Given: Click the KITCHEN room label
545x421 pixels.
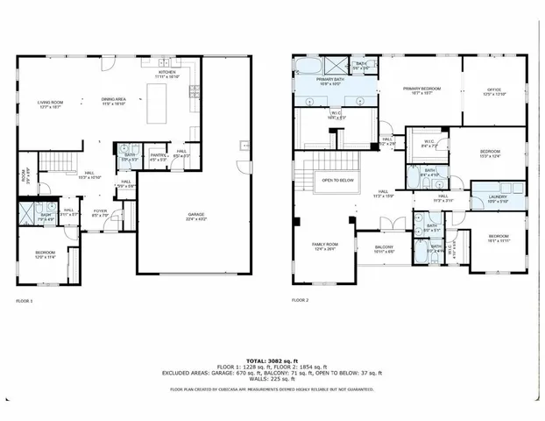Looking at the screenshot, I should (166, 75).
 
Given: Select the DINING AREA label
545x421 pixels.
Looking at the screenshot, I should (114, 99).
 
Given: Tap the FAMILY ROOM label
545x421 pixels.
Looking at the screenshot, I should (324, 246).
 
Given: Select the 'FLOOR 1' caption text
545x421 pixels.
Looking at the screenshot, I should (25, 301).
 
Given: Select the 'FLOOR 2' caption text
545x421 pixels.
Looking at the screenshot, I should (301, 301).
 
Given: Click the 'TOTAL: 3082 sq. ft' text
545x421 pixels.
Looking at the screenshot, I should (272, 361).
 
